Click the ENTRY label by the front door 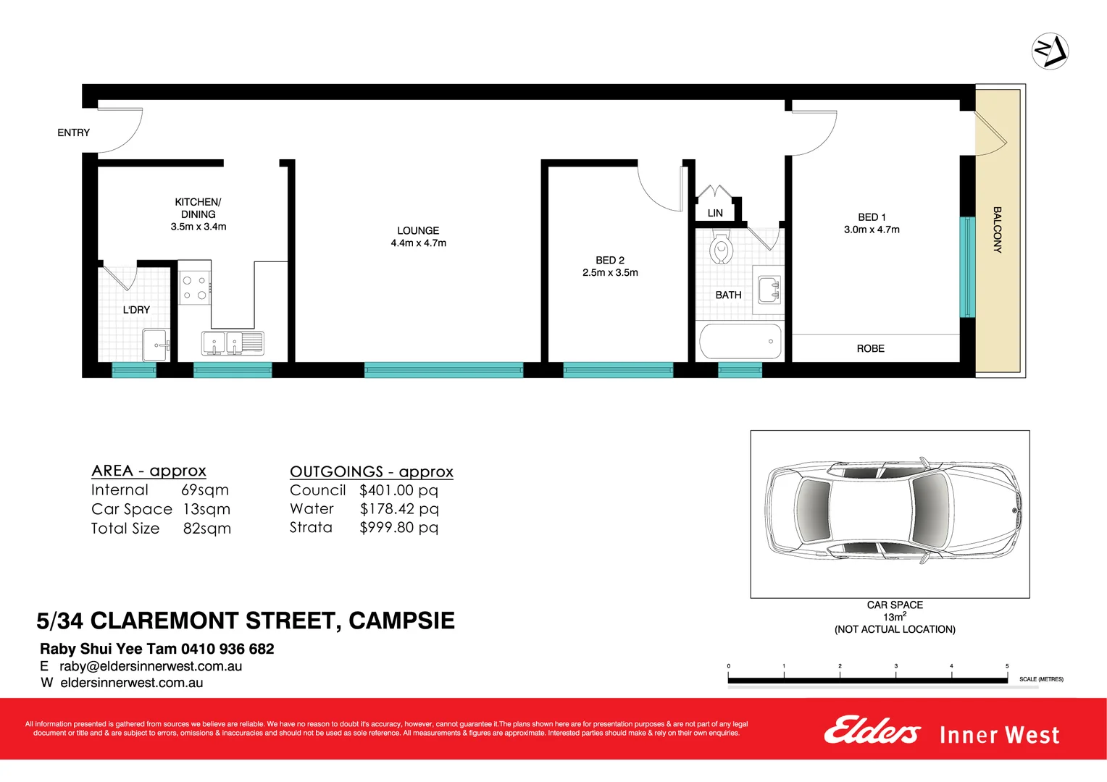coord(73,133)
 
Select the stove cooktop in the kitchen coord(195,287)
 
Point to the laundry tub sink coord(156,345)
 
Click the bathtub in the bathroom coord(740,342)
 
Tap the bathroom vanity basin coord(769,290)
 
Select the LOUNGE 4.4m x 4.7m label coord(418,237)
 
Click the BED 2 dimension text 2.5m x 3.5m coord(610,273)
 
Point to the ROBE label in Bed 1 coord(870,349)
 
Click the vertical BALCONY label coord(997,230)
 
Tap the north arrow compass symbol coord(1050,51)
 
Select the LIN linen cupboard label coord(715,213)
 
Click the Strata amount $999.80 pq coord(398,528)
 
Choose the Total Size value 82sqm coord(206,529)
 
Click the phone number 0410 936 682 coord(227,649)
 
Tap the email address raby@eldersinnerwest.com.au coord(151,666)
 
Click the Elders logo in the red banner coord(872,731)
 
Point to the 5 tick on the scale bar coord(1007,675)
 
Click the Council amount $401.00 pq coord(398,490)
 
